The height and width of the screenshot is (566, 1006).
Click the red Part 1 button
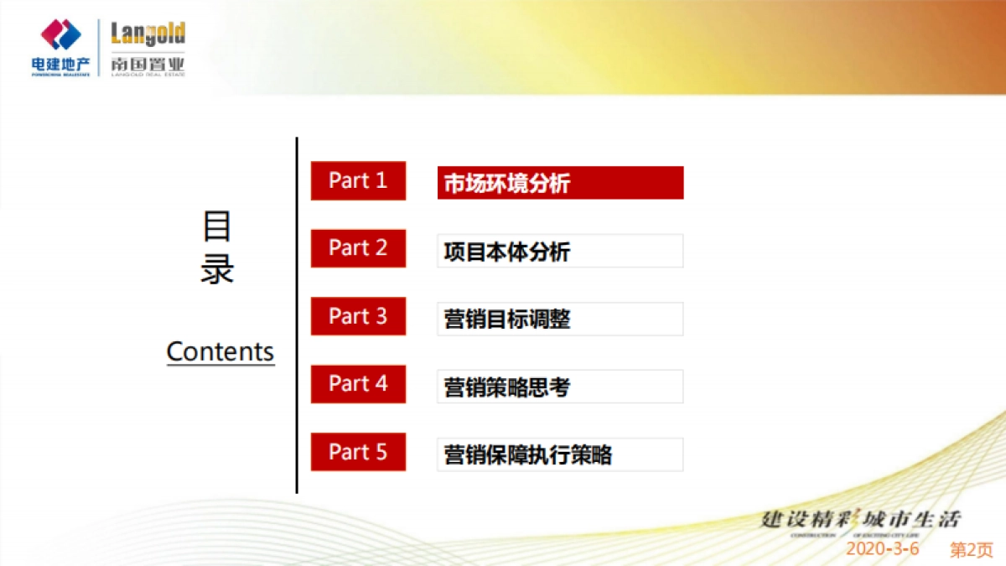[358, 181]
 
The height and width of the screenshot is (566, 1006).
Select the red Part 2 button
[358, 248]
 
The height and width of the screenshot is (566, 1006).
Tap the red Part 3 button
[358, 316]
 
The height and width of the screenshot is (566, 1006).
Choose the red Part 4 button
[358, 384]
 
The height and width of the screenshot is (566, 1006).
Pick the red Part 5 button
[358, 452]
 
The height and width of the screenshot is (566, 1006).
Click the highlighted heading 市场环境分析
[560, 183]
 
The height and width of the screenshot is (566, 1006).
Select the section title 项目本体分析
[560, 251]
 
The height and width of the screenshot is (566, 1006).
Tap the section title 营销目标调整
[560, 319]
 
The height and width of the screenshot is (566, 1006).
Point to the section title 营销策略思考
[560, 387]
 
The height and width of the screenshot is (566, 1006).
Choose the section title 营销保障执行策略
[560, 454]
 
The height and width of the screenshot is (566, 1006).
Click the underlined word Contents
[220, 351]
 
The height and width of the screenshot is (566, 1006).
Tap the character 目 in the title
[217, 226]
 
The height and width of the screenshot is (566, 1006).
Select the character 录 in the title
[217, 269]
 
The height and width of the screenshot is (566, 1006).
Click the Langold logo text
[148, 35]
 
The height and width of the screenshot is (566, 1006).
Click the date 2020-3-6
[882, 548]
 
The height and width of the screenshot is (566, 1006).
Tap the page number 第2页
[971, 549]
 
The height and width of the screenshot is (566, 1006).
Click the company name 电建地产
[60, 64]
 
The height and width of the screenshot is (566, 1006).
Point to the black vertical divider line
[297, 314]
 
